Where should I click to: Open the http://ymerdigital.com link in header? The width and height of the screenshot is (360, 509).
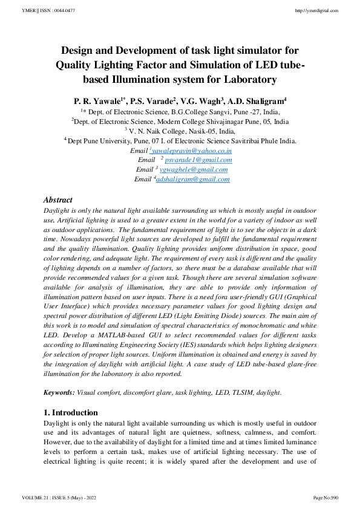click(316, 11)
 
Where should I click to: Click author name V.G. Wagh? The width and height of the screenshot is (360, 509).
click(203, 100)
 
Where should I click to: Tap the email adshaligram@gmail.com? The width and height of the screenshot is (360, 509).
click(193, 179)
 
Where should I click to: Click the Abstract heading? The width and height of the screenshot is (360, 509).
click(58, 199)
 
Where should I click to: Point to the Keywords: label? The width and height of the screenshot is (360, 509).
click(59, 392)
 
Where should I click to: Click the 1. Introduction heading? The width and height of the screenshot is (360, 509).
click(71, 412)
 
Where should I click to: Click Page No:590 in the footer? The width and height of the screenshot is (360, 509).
click(326, 497)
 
